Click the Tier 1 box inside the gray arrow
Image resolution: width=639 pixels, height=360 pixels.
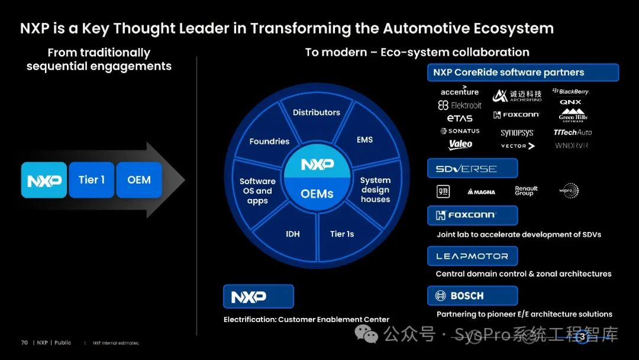91,180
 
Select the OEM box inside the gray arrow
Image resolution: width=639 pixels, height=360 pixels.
139,180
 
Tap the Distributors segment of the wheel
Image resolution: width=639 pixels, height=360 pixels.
317,112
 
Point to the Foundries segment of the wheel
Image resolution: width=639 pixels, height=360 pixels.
269,142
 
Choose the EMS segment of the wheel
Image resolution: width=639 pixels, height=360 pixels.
364,140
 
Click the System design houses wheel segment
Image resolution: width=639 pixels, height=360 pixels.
375,189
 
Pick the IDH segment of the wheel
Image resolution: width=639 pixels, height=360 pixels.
293,234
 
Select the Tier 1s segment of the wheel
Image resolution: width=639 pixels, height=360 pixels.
342,234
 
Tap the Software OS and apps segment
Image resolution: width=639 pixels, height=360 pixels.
257,191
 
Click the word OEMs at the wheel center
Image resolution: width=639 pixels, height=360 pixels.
317,194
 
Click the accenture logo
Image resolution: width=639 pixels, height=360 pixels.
460,91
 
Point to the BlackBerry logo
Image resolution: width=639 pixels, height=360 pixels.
570,92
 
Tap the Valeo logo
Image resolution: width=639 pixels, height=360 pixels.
460,144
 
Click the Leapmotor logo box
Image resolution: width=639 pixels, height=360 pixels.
472,256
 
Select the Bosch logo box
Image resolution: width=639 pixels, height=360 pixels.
472,295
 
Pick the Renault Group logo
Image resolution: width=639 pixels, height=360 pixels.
526,191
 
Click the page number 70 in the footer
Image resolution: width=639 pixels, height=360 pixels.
24,343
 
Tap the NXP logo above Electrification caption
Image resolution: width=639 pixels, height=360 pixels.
258,297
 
